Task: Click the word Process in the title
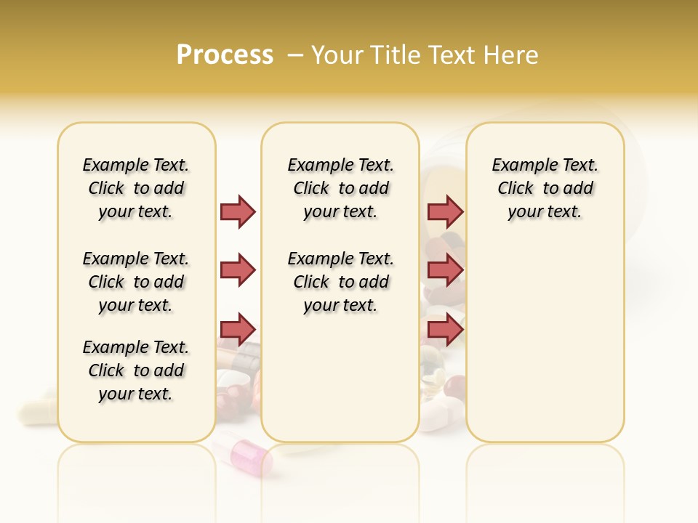[x=225, y=54]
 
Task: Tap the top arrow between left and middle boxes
[x=238, y=211]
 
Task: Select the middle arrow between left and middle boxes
[x=238, y=270]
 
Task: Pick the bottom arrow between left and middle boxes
[x=238, y=329]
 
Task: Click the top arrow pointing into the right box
[x=445, y=211]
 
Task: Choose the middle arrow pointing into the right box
[x=445, y=270]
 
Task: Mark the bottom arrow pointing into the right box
[x=445, y=329]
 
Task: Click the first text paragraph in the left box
[x=136, y=188]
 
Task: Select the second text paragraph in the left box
[x=136, y=282]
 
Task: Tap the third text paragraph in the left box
[x=136, y=370]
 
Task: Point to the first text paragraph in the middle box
[x=340, y=188]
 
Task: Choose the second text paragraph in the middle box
[x=340, y=282]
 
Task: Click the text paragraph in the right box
[x=545, y=188]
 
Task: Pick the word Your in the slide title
[x=339, y=54]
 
